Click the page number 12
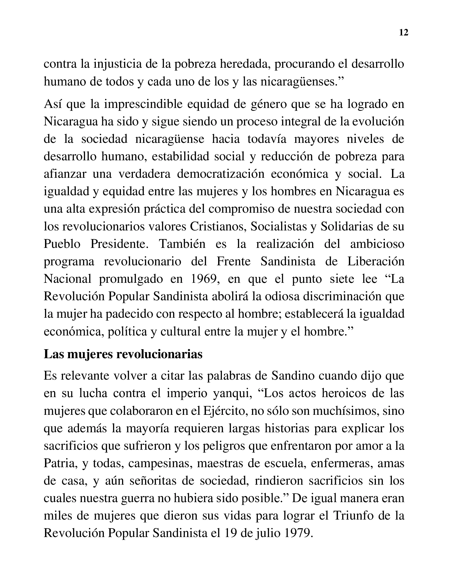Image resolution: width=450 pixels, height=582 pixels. point(404,33)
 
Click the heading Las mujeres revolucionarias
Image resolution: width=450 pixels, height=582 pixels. point(123,354)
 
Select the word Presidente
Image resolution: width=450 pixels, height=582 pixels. point(119,244)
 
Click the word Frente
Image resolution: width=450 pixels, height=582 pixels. point(233,261)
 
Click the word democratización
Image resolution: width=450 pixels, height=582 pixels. point(221,174)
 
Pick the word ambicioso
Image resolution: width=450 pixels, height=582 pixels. point(377,244)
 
